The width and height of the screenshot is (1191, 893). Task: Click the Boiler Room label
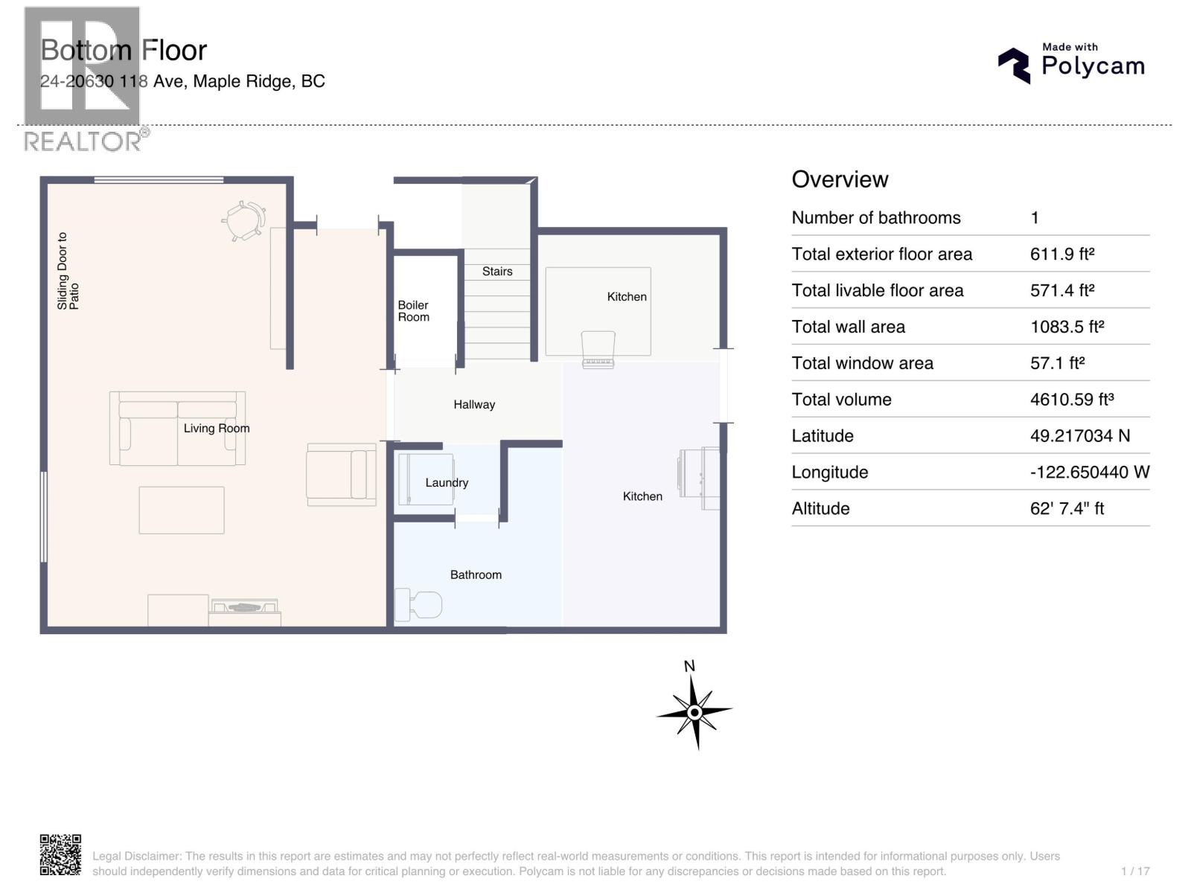click(x=413, y=311)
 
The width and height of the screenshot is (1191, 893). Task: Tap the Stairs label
click(x=497, y=271)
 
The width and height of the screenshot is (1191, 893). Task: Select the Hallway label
click(x=474, y=405)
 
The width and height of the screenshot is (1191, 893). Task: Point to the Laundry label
click(x=447, y=482)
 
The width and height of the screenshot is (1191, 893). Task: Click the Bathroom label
click(x=476, y=574)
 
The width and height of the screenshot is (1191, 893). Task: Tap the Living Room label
click(x=217, y=429)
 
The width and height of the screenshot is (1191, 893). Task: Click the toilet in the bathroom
click(x=418, y=604)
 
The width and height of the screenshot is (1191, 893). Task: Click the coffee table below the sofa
click(x=181, y=510)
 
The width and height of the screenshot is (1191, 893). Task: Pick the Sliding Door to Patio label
click(x=68, y=271)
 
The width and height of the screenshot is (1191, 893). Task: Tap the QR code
click(x=60, y=855)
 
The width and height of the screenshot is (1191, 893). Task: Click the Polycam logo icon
click(x=1014, y=65)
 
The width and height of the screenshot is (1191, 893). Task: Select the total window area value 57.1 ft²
click(x=1057, y=362)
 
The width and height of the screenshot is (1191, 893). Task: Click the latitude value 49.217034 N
click(x=1080, y=435)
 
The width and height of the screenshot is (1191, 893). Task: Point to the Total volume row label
click(x=841, y=400)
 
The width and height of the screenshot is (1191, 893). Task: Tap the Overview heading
click(x=840, y=179)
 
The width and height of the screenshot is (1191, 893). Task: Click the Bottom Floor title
click(x=124, y=51)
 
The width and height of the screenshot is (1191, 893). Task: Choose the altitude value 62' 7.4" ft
click(x=1067, y=508)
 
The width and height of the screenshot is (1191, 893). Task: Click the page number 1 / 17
click(x=1135, y=871)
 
